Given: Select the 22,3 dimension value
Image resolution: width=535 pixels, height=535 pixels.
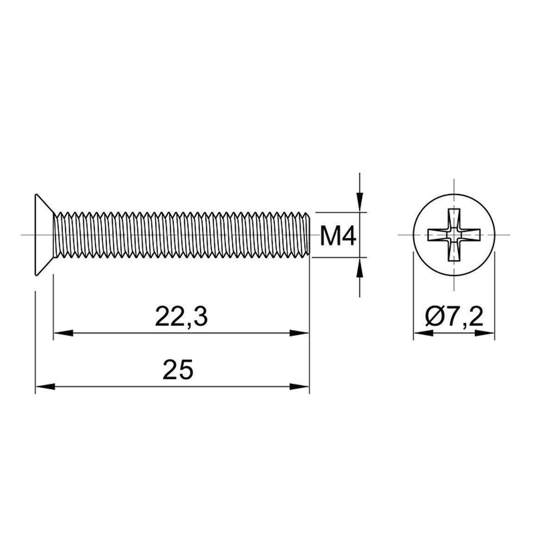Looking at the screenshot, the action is [181, 317].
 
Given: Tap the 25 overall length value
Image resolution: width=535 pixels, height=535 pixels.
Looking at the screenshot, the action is [178, 370].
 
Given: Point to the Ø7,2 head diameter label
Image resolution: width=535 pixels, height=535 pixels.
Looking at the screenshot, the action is [454, 317].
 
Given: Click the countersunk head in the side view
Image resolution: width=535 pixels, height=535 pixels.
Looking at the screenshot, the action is [44, 235].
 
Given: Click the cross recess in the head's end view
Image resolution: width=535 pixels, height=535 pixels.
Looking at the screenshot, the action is [454, 235].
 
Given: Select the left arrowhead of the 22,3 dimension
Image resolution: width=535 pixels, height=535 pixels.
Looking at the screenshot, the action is [63, 333].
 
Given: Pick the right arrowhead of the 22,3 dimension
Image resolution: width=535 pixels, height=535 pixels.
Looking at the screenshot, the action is [299, 333].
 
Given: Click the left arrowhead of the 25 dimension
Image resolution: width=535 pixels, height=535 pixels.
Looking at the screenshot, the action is [45, 386].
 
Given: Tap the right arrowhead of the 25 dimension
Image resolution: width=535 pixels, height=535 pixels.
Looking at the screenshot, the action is [299, 386].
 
